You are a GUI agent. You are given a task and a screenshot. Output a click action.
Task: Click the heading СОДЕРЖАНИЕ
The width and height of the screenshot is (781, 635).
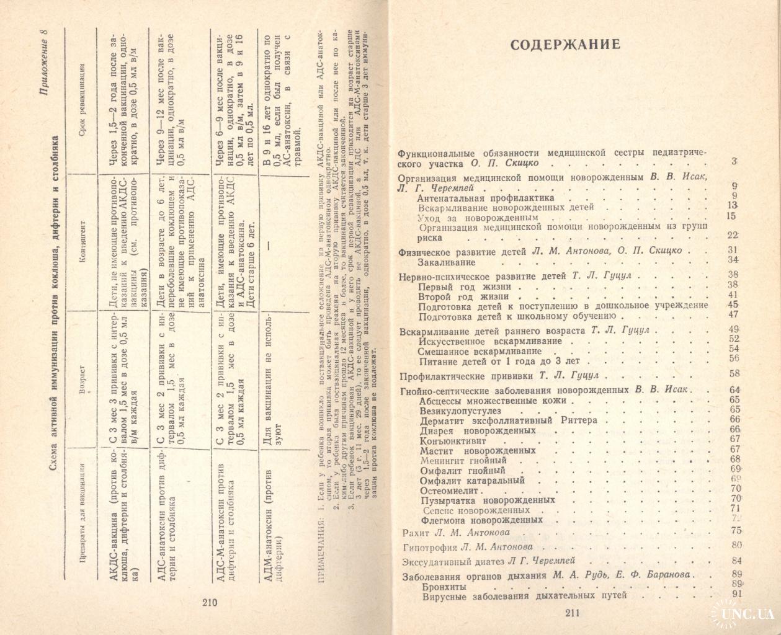pos(564,45)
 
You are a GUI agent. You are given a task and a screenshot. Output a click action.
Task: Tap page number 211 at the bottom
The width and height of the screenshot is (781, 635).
pos(571,613)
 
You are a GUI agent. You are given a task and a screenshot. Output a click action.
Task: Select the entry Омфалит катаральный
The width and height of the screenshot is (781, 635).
pos(471,480)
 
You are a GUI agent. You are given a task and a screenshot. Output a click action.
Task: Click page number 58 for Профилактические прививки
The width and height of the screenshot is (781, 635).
pos(736,373)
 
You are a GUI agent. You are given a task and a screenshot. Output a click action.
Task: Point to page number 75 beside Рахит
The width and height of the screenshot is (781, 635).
pos(737,530)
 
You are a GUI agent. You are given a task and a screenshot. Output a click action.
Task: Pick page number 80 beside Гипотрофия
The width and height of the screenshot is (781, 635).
pos(737,546)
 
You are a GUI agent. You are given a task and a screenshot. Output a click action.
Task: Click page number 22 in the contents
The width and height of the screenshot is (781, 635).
pos(733,234)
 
